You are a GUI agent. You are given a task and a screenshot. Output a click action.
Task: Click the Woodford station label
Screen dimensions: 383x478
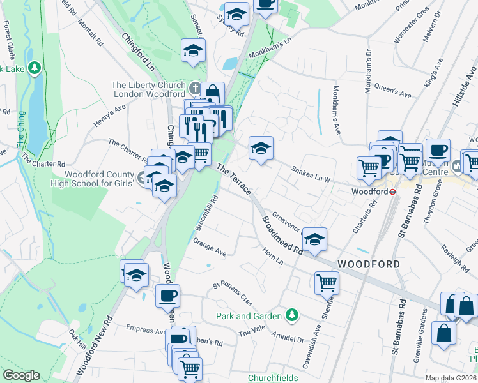tap(370, 191)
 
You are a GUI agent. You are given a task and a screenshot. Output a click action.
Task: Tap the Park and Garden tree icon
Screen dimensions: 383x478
tap(292, 315)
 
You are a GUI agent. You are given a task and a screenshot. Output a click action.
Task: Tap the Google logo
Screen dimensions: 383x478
tap(21, 375)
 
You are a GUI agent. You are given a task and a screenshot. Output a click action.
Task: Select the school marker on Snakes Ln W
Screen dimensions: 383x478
tap(260, 149)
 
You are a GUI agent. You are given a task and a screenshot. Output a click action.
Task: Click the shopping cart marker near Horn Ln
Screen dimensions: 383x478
tap(327, 282)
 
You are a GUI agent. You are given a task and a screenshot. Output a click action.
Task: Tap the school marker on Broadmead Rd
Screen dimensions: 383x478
tap(314, 239)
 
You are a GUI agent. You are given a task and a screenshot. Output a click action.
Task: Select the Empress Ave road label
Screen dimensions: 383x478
tap(146, 330)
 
